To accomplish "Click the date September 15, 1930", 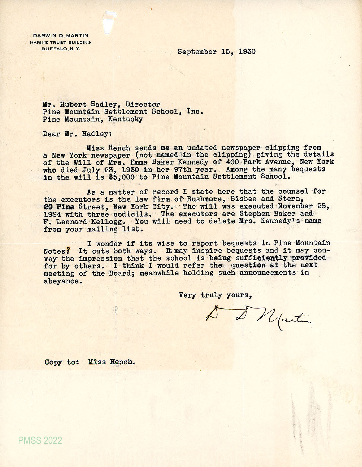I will pyautogui.click(x=216, y=52).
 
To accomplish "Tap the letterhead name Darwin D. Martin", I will pyautogui.click(x=60, y=36).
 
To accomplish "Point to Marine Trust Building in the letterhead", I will pyautogui.click(x=60, y=42).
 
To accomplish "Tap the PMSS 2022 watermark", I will pyautogui.click(x=40, y=440).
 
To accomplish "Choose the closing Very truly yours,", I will pyautogui.click(x=215, y=295).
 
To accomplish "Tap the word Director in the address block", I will pyautogui.click(x=143, y=104).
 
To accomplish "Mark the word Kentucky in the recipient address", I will pyautogui.click(x=124, y=119).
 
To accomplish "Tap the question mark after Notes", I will pyautogui.click(x=69, y=250).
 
